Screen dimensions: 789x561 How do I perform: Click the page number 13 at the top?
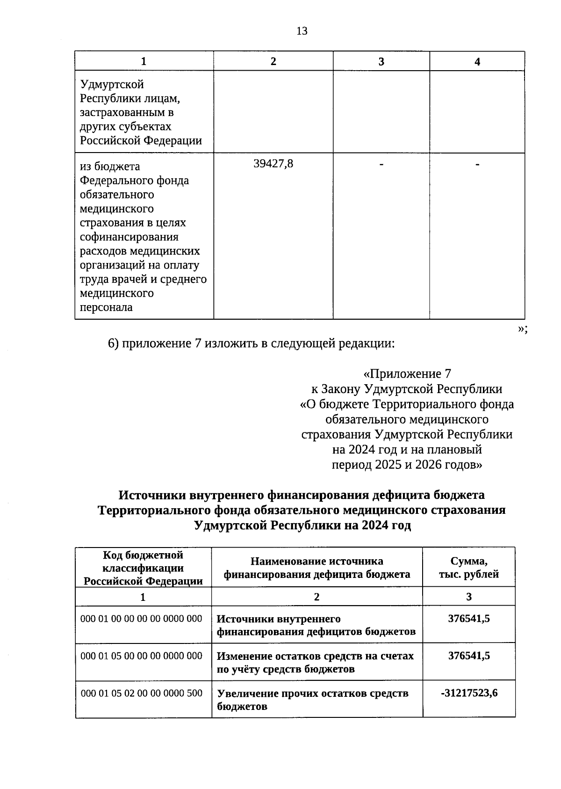(302, 31)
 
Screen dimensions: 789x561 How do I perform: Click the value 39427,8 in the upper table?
(273, 164)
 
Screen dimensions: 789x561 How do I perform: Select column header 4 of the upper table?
(477, 62)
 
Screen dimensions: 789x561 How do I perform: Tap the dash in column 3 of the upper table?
(381, 164)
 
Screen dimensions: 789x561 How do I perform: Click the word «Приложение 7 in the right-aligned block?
(407, 374)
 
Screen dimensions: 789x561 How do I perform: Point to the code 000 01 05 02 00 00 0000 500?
(142, 693)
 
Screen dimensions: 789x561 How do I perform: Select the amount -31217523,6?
(469, 693)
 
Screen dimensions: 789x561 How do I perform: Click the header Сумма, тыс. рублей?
(469, 568)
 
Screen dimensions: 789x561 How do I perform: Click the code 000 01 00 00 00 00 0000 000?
(142, 619)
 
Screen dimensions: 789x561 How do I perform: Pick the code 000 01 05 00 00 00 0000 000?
(142, 656)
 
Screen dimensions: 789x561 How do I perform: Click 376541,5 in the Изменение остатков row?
(469, 656)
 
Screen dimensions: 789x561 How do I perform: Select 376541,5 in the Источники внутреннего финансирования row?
(469, 619)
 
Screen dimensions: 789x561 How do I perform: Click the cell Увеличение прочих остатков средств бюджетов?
(313, 700)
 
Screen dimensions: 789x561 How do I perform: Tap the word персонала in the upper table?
(106, 307)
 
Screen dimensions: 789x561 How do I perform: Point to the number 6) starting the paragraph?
(114, 344)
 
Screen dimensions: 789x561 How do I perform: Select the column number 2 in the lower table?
(317, 597)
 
